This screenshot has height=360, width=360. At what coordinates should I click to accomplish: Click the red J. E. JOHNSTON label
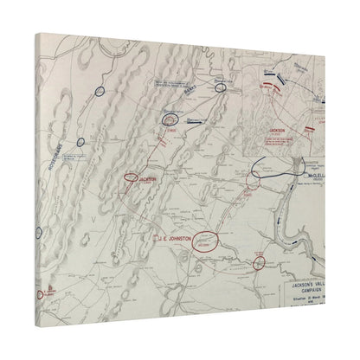(173, 235)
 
